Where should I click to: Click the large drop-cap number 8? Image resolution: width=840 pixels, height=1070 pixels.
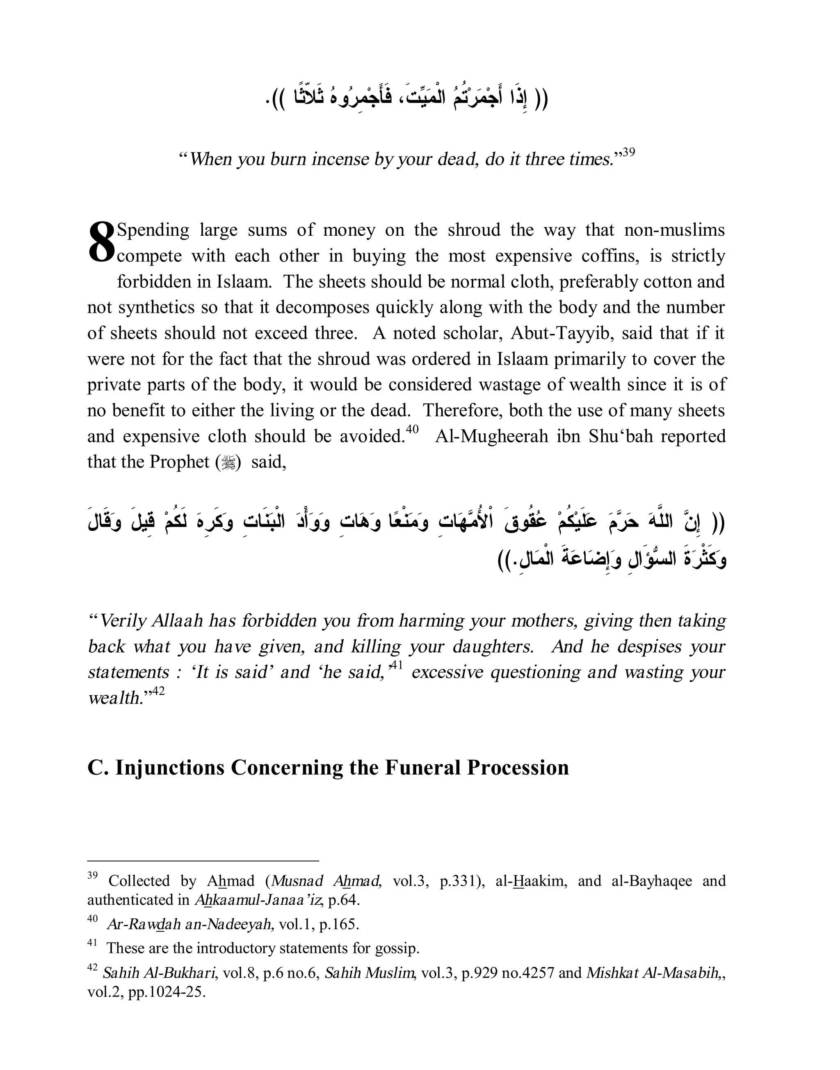(101, 242)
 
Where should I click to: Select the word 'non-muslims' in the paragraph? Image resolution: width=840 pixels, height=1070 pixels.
(674, 230)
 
